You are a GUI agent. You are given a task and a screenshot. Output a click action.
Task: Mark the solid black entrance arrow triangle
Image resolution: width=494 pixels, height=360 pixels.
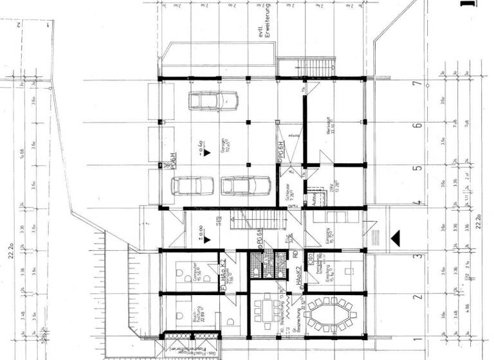pyautogui.click(x=396, y=238)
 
